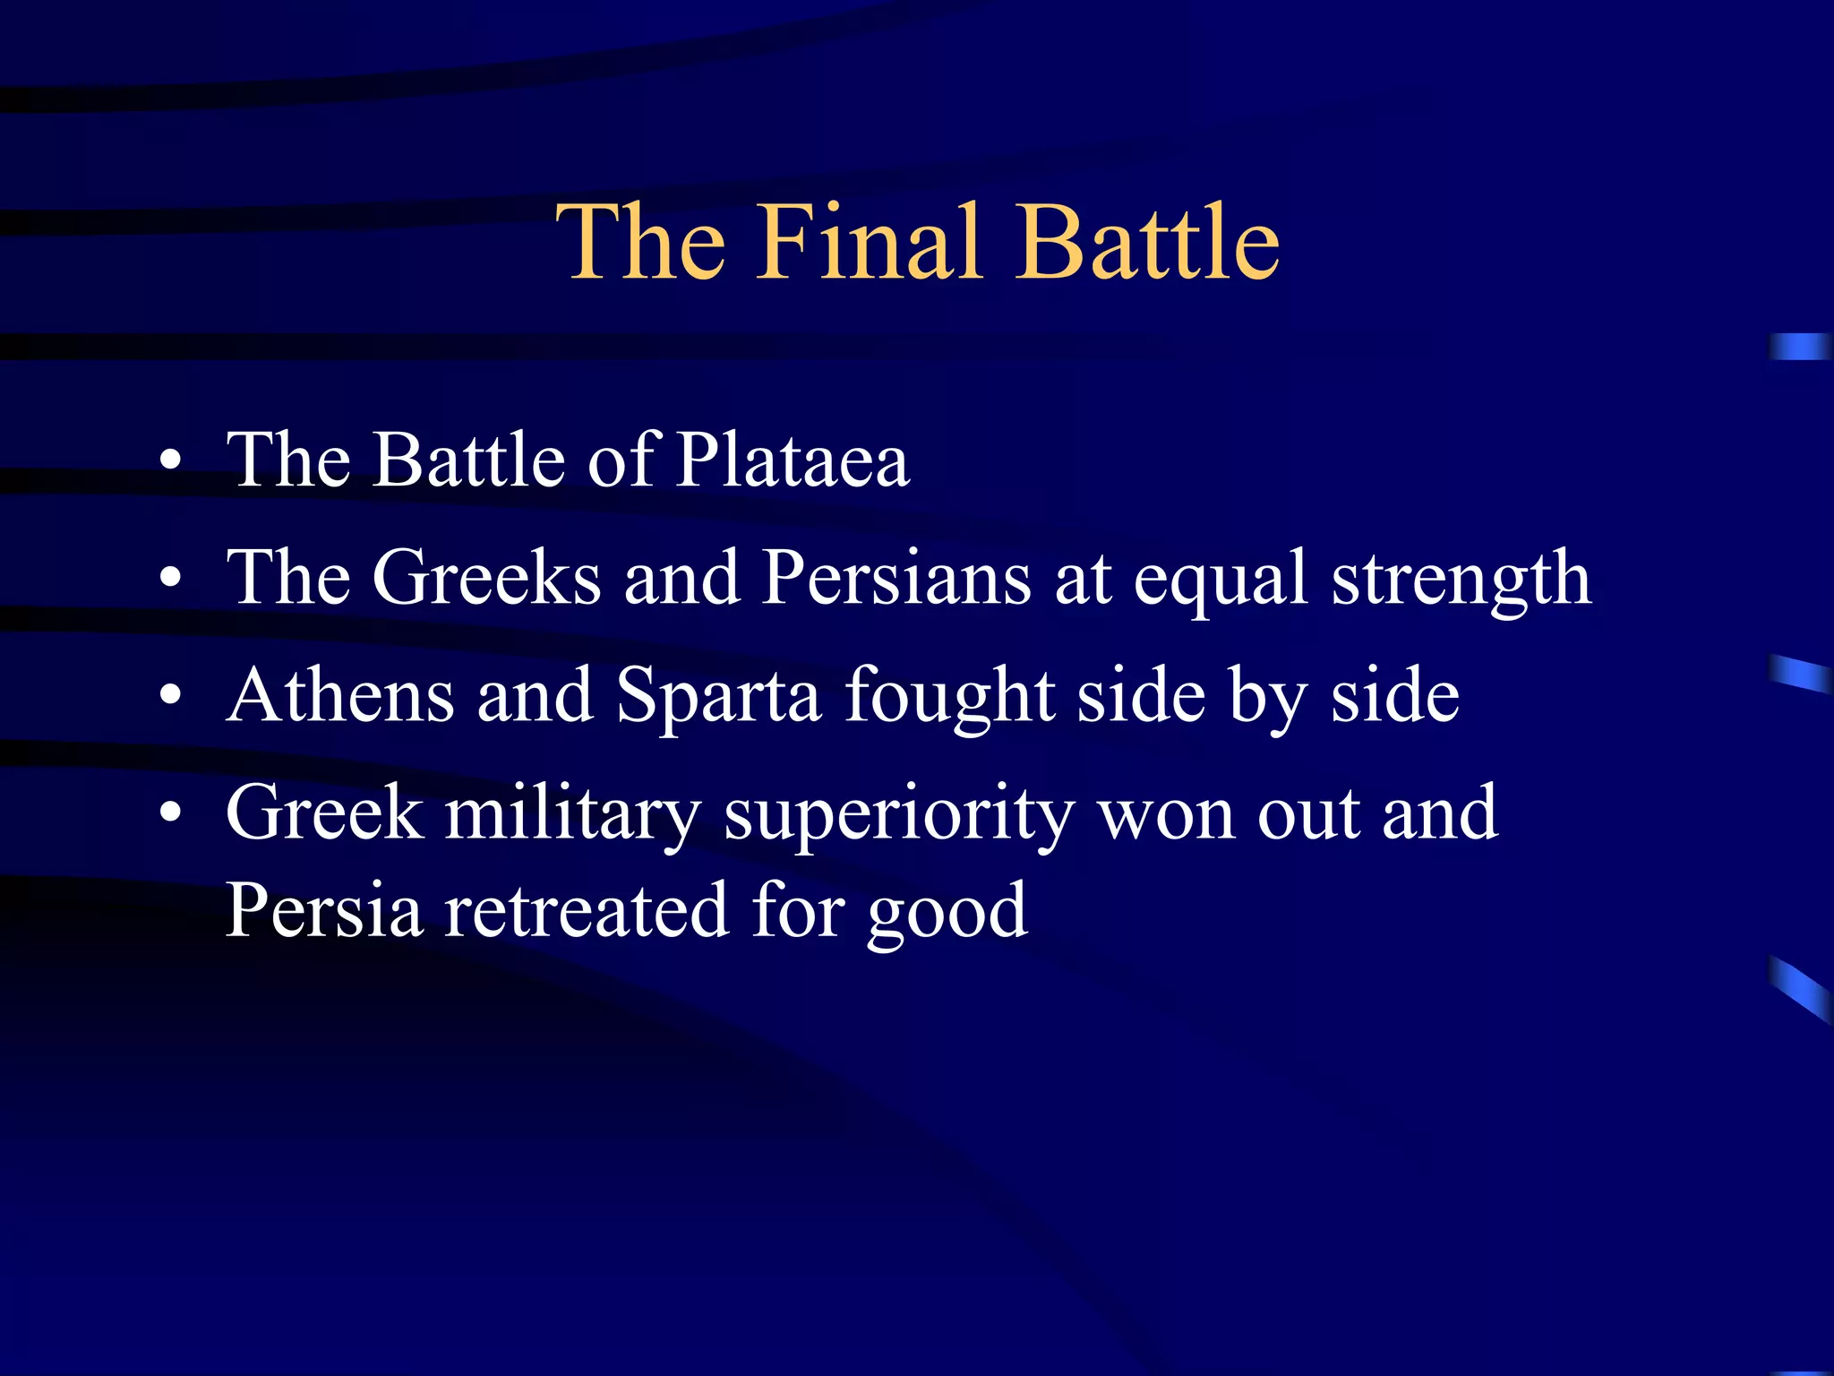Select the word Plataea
pyautogui.click(x=793, y=460)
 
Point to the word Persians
pyautogui.click(x=896, y=578)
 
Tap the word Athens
pyautogui.click(x=340, y=696)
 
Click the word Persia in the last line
pyautogui.click(x=323, y=911)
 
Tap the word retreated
pyautogui.click(x=587, y=911)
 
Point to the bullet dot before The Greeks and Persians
pyautogui.click(x=170, y=580)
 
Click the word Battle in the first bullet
pyautogui.click(x=469, y=460)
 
